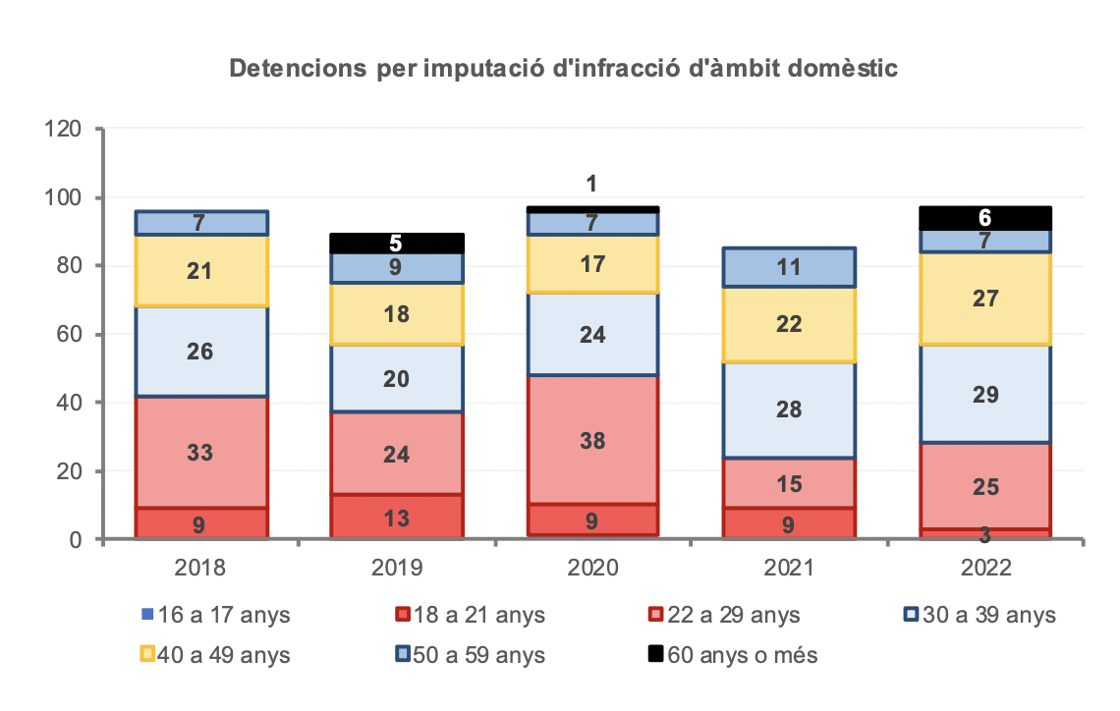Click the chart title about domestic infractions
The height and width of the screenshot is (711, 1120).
(x=564, y=70)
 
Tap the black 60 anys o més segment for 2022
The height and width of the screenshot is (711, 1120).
(x=985, y=219)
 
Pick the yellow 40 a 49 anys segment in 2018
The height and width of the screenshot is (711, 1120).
(x=200, y=271)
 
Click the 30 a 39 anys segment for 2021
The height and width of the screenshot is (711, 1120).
(x=788, y=410)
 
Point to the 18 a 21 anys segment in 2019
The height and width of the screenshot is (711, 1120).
(x=396, y=517)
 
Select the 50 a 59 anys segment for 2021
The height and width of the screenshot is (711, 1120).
(x=788, y=267)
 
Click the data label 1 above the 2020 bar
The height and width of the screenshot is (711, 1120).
(x=592, y=184)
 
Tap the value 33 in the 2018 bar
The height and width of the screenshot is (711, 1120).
(x=199, y=454)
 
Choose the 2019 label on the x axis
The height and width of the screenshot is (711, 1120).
(x=396, y=569)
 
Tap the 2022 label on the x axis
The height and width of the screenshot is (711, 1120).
(x=985, y=569)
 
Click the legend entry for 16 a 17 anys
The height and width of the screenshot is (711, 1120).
(x=216, y=616)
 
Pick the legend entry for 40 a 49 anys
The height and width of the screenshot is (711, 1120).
(x=216, y=654)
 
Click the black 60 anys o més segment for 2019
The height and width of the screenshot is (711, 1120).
(x=396, y=244)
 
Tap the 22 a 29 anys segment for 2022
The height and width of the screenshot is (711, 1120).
(x=985, y=485)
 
